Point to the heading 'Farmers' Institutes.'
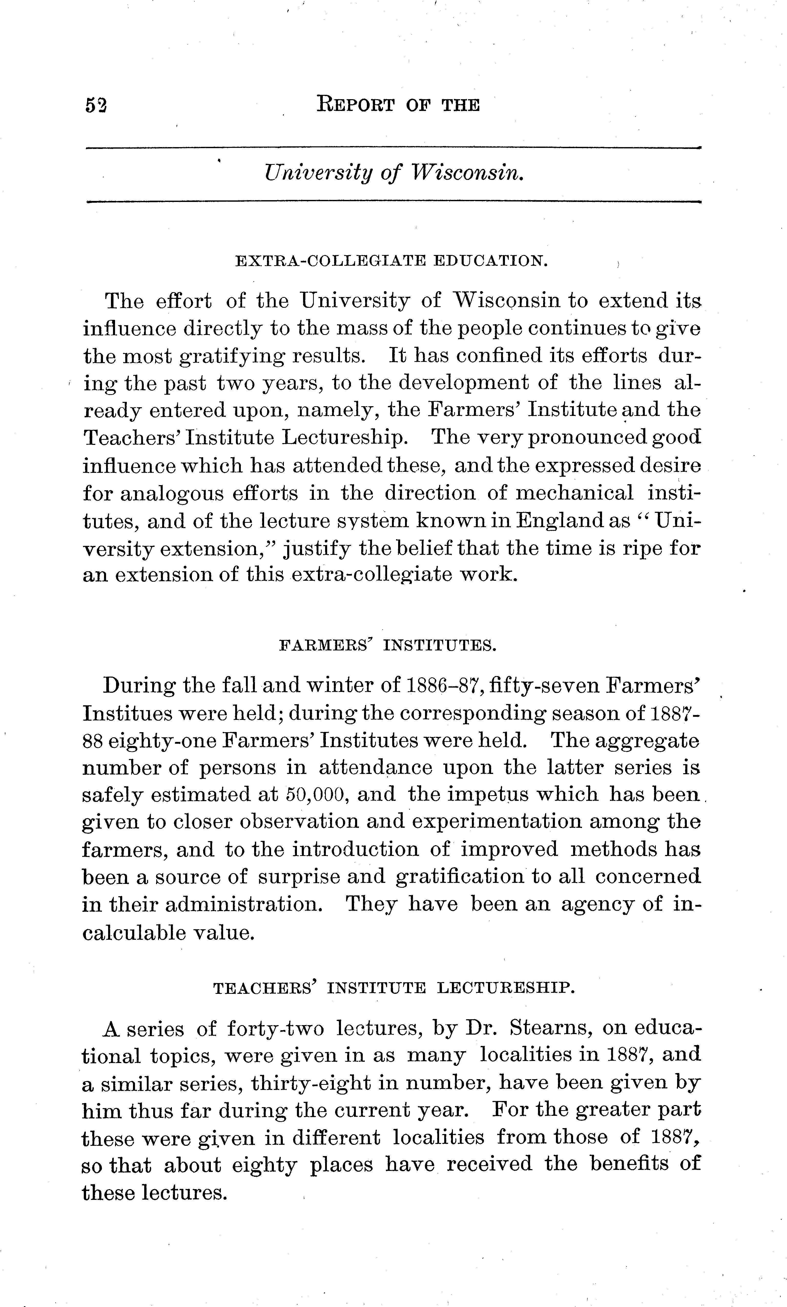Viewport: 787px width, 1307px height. (387, 646)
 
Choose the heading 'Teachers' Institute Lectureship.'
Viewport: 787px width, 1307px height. (393, 988)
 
